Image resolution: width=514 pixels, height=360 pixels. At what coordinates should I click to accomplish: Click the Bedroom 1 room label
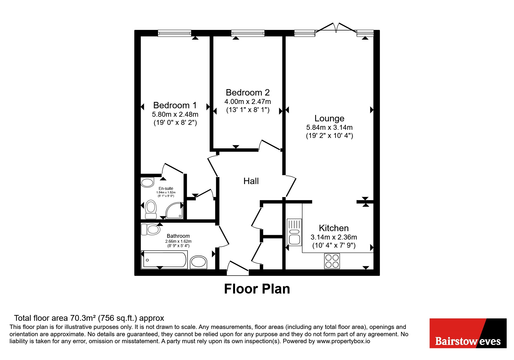175,105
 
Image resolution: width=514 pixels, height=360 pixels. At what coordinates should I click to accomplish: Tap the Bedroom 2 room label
248,92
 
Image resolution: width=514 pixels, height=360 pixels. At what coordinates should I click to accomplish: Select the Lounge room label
329,118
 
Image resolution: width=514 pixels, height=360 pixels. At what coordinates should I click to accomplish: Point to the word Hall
251,181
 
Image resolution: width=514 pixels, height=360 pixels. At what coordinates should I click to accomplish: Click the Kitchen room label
334,228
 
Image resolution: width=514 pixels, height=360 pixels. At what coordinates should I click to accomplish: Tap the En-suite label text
166,188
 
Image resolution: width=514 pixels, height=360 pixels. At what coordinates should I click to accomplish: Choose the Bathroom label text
178,236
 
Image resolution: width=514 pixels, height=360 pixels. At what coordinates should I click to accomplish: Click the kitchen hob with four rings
332,261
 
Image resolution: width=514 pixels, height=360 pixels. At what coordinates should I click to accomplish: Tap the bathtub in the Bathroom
164,260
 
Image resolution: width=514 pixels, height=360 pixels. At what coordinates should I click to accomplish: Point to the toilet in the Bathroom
150,229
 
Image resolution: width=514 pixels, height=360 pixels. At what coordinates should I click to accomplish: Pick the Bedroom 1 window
175,33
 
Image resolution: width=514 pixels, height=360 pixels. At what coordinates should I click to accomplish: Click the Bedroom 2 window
248,33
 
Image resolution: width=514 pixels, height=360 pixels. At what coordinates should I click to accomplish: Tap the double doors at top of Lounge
336,27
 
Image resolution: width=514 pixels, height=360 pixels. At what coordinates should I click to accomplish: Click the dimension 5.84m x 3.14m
329,127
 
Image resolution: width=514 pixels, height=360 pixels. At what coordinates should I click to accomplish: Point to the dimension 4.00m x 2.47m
248,102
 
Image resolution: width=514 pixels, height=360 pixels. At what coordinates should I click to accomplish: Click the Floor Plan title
257,289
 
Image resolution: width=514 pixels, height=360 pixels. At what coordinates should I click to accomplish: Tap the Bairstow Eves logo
468,333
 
